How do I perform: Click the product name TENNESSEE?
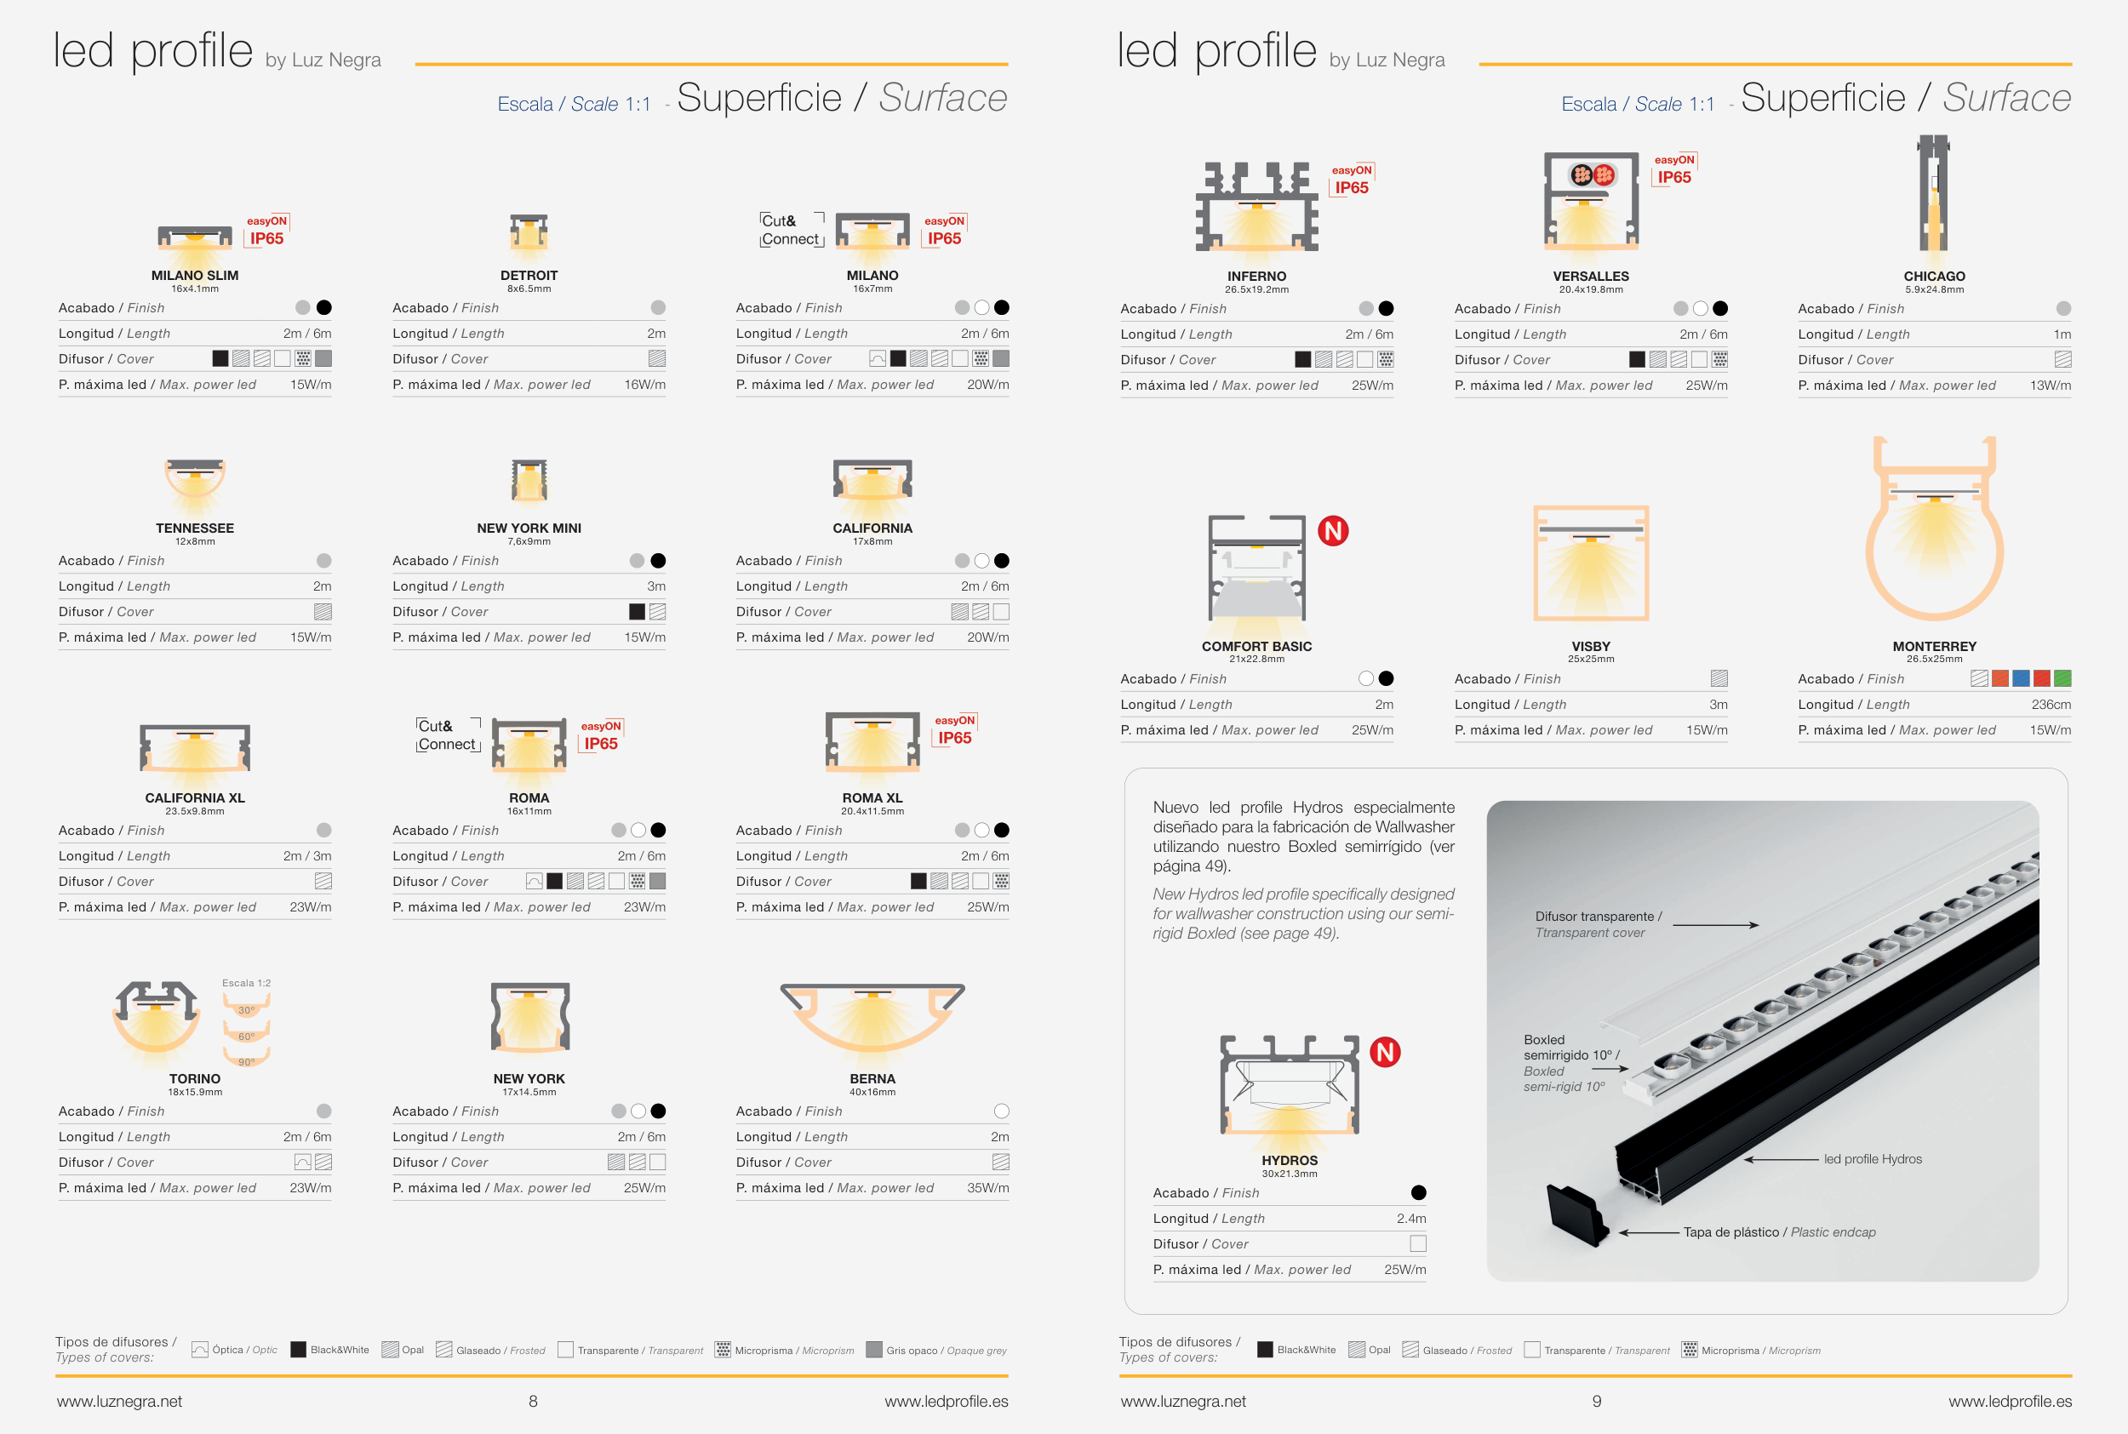195,528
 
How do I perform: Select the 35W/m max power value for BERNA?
987,1188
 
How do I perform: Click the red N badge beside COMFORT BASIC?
1332,530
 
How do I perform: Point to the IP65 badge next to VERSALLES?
1673,177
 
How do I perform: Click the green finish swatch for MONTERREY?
2062,678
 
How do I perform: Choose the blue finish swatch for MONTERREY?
2021,678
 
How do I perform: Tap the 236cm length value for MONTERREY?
2051,704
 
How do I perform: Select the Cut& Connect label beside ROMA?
448,735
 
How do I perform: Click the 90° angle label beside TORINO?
246,1062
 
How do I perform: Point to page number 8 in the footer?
533,1401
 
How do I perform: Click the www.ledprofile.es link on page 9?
2009,1401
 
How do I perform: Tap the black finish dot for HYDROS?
1418,1192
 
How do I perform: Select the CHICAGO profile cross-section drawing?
1933,193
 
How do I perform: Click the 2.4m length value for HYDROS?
1411,1218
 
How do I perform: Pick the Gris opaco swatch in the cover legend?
874,1350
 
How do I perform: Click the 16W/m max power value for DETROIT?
644,385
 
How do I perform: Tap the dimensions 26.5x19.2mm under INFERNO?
1256,290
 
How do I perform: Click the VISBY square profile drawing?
1591,563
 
